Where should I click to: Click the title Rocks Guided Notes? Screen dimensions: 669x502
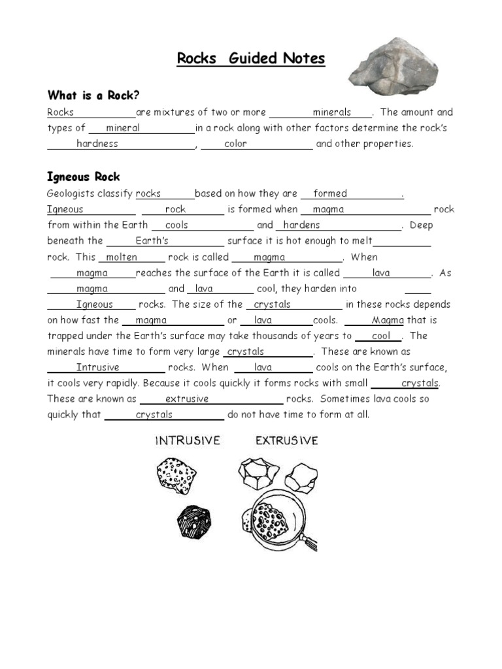[251, 59]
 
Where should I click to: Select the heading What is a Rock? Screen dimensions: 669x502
[93, 95]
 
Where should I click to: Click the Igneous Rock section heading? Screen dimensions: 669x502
[84, 177]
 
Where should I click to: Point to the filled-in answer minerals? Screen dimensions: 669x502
[331, 112]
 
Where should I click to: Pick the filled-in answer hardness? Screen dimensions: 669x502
[97, 144]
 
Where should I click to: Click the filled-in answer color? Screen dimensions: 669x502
[235, 144]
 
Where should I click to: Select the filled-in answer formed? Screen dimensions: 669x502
[330, 193]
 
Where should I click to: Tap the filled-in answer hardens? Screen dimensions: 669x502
[301, 225]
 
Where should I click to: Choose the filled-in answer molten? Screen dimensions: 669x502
[122, 257]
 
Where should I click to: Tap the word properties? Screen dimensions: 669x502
[393, 144]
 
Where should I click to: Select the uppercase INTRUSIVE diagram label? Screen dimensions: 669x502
[188, 441]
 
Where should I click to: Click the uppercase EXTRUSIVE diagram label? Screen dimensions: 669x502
[286, 441]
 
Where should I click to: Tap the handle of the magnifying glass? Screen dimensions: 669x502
[310, 542]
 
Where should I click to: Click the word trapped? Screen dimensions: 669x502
[65, 336]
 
